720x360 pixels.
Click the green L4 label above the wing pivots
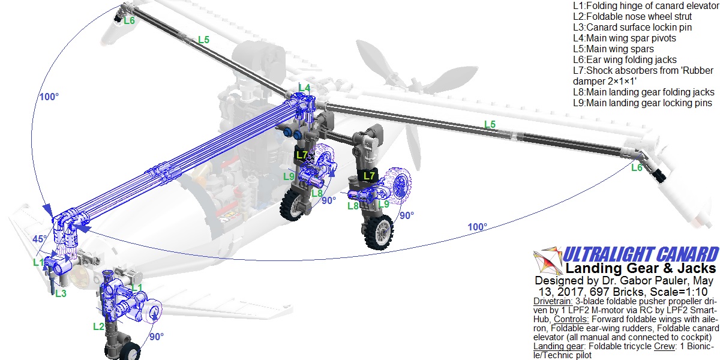(x=304, y=88)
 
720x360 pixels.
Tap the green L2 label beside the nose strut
(x=98, y=326)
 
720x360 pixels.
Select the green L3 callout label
(x=61, y=293)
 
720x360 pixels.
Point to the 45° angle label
(x=40, y=239)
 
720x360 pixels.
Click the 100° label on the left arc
(x=49, y=97)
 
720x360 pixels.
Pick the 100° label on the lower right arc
(x=478, y=227)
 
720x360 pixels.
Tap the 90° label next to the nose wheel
(x=157, y=337)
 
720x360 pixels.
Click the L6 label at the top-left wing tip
(x=129, y=20)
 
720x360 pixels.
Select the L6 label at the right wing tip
(x=637, y=167)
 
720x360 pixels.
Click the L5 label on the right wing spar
(x=490, y=124)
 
